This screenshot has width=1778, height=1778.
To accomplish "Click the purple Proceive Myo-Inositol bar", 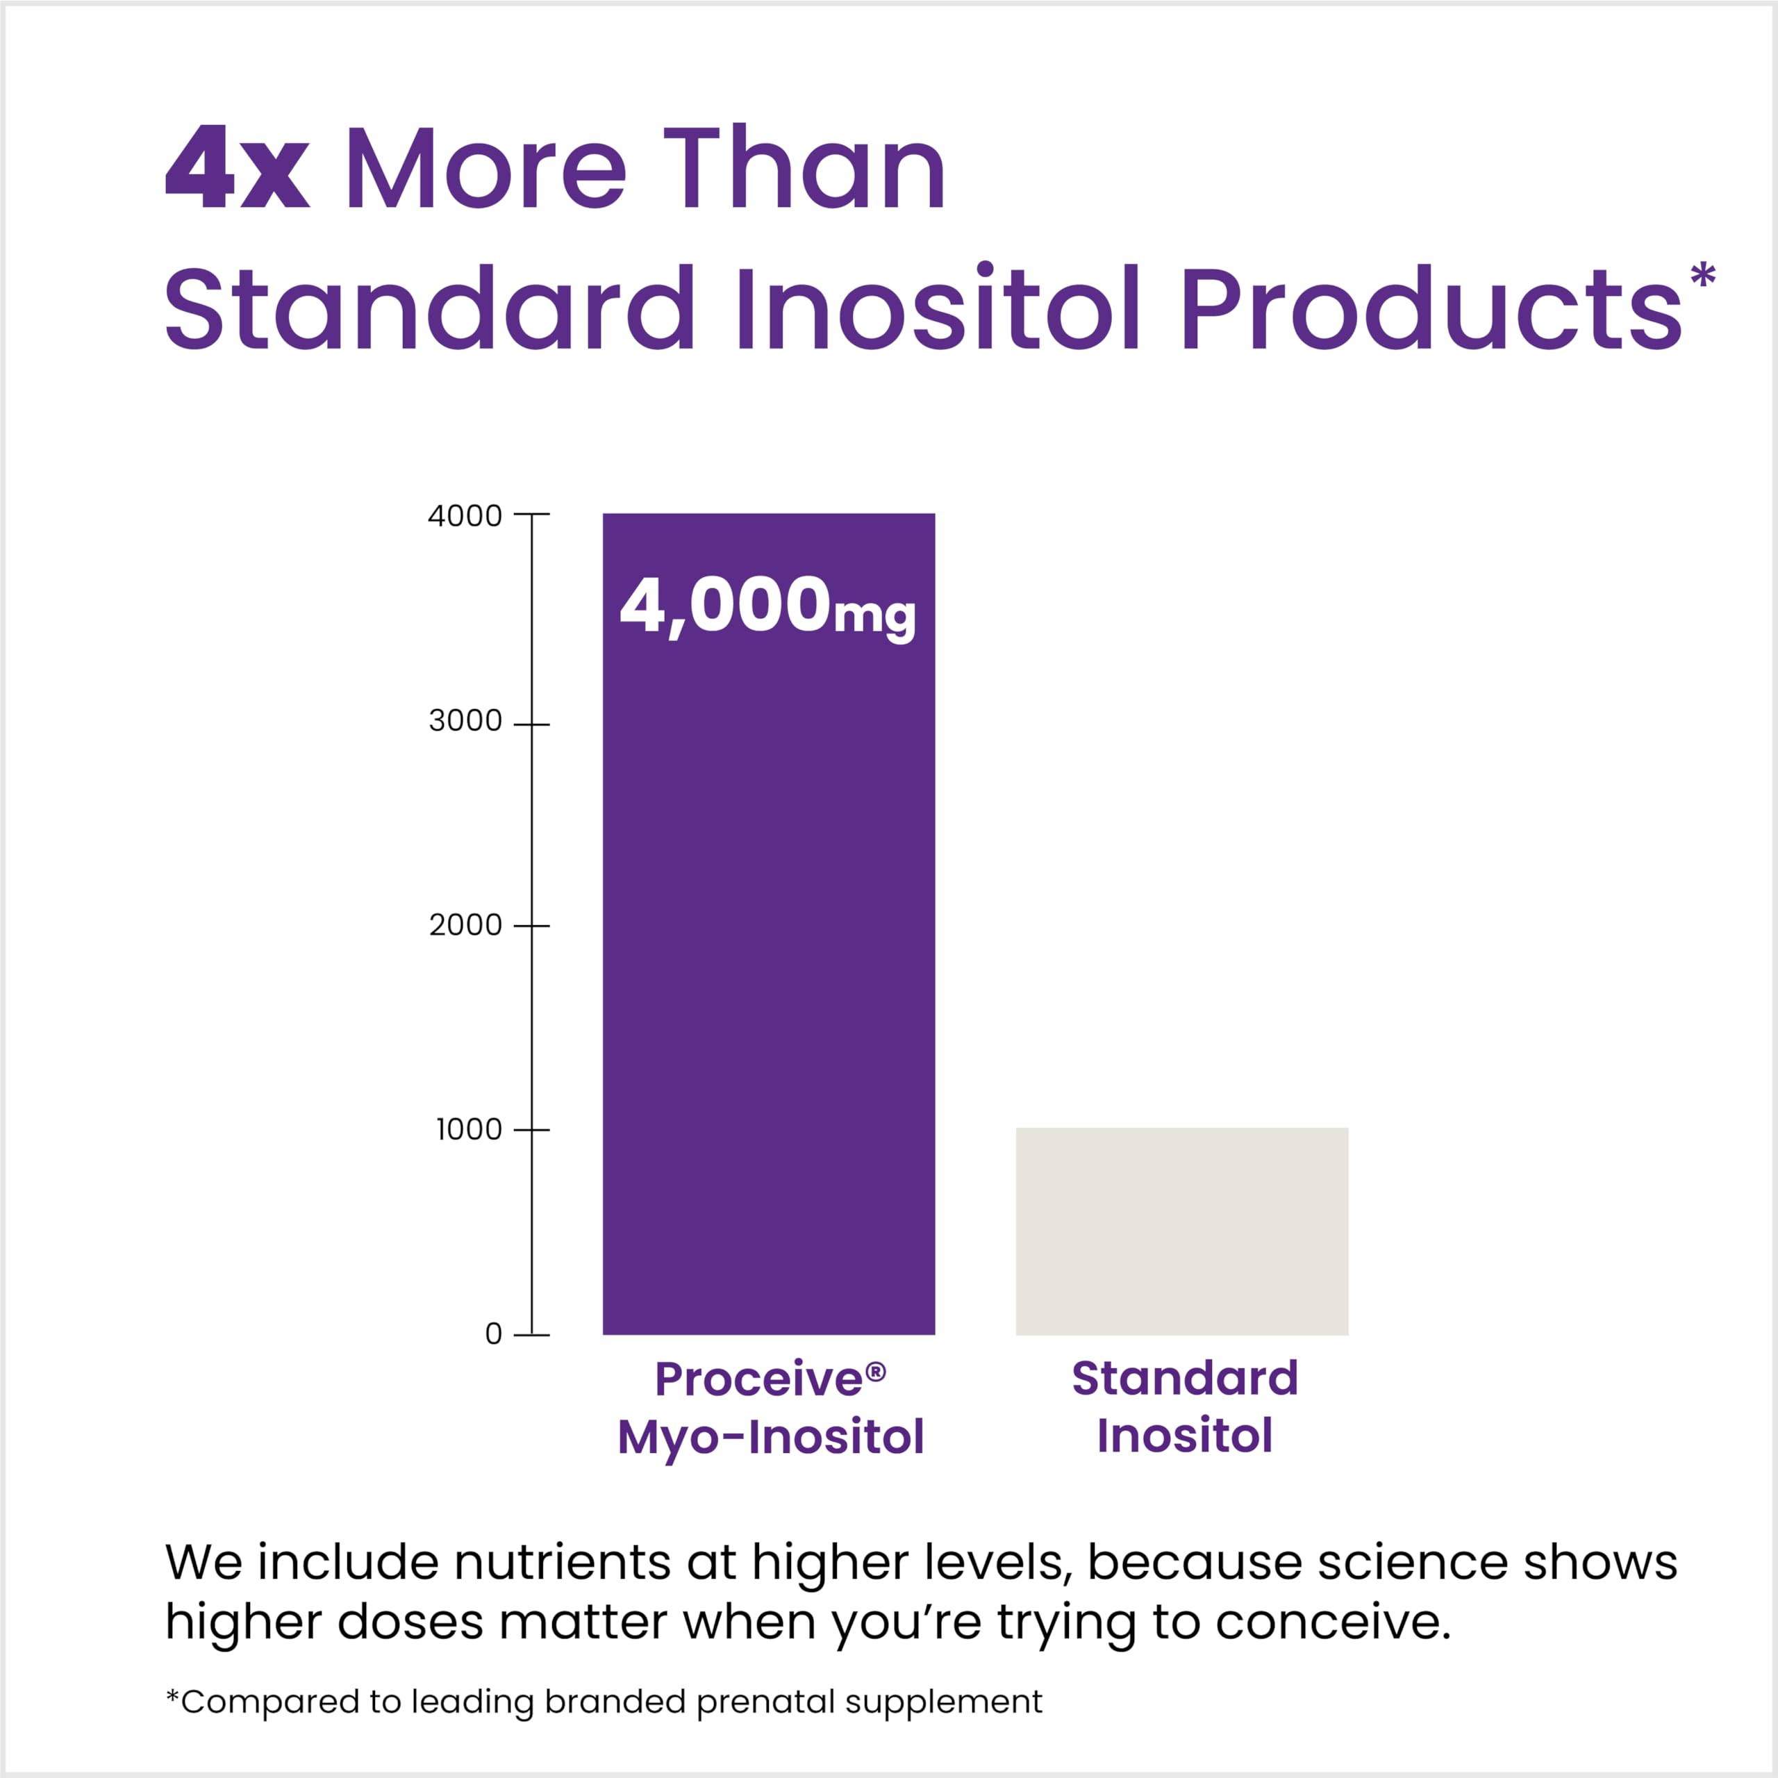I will point(768,966).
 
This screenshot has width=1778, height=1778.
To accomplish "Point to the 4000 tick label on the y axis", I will point(465,515).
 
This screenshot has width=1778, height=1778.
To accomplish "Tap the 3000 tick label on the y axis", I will point(465,721).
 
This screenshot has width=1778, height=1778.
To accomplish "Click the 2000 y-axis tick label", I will point(465,925).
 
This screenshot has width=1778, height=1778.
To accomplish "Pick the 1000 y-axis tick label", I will point(467,1129).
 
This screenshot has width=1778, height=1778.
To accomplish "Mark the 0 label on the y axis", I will point(493,1333).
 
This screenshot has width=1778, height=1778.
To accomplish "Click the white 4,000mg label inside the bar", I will point(767,608).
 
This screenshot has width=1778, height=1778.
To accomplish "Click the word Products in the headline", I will point(1431,308).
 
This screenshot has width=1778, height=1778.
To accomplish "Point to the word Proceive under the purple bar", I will point(759,1379).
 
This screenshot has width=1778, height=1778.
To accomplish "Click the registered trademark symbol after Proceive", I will point(875,1371).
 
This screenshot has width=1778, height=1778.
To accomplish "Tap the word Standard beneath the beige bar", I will point(1184,1378).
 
